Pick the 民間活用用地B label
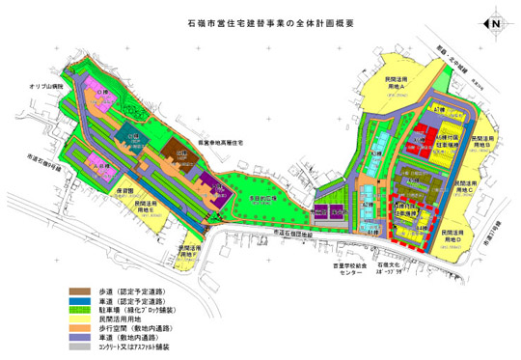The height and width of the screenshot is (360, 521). pyautogui.click(x=487, y=140)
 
